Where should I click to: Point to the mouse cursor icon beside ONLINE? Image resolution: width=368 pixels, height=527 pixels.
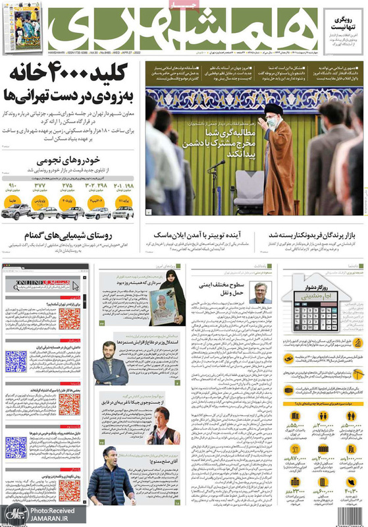pyautogui.click(x=75, y=287)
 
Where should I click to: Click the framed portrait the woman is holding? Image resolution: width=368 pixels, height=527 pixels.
pyautogui.click(x=164, y=308)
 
